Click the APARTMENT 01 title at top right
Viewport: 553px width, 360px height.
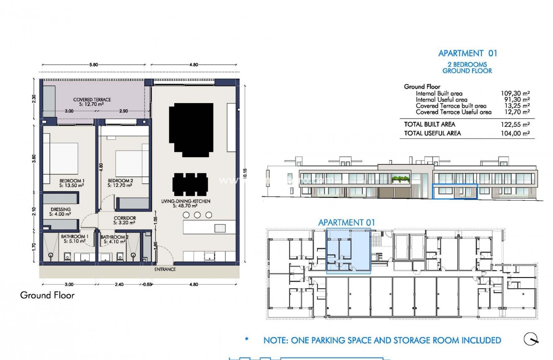pyautogui.click(x=467, y=53)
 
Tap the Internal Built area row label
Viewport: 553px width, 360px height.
pyautogui.click(x=439, y=93)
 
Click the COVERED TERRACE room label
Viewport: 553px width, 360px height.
pyautogui.click(x=92, y=99)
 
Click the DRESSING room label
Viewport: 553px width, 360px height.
pyautogui.click(x=60, y=210)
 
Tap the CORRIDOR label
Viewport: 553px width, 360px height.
pyautogui.click(x=124, y=218)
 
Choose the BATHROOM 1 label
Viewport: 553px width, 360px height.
pyautogui.click(x=74, y=237)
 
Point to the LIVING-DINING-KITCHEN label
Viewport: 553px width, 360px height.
pyautogui.click(x=186, y=202)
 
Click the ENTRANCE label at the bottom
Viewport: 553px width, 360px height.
pyautogui.click(x=165, y=269)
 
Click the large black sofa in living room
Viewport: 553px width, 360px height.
pyautogui.click(x=191, y=129)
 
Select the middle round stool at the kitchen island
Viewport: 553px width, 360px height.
pyautogui.click(x=197, y=215)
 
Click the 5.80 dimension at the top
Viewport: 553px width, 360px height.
pyautogui.click(x=93, y=65)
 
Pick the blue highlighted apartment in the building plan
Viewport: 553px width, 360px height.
pyautogui.click(x=348, y=251)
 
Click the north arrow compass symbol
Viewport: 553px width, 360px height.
pyautogui.click(x=531, y=339)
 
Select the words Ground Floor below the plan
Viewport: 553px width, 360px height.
pyautogui.click(x=47, y=295)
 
